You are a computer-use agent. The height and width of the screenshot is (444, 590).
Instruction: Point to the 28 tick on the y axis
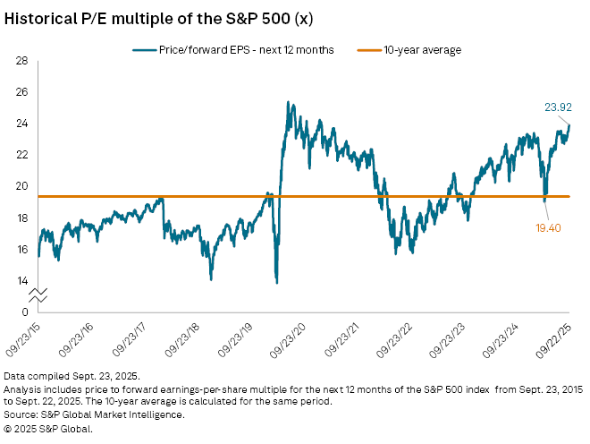tap(21, 60)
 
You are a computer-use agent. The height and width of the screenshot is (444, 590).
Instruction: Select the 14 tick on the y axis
tap(21, 280)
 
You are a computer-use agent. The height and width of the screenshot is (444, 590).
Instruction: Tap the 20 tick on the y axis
tap(21, 186)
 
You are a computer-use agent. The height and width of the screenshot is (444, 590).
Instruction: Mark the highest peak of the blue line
tap(287, 102)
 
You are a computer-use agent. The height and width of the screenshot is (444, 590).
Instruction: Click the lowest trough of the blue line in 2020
tap(276, 283)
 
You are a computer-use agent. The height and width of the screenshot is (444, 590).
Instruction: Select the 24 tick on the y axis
tap(21, 124)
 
